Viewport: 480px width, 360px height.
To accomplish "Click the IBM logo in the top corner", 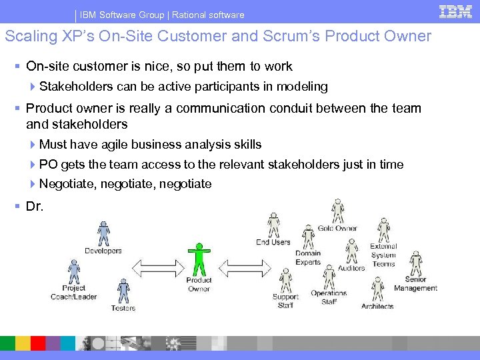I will click(455, 11).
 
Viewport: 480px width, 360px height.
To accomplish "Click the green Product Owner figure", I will click(199, 259).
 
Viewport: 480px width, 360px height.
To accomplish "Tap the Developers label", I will click(103, 251).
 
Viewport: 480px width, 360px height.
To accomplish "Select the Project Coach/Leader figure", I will click(74, 271).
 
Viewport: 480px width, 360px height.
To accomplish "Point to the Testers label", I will click(123, 308).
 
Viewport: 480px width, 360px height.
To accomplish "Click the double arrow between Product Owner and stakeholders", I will click(241, 268).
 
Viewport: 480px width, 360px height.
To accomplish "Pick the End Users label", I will click(273, 242).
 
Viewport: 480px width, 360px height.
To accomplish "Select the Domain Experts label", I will click(308, 257).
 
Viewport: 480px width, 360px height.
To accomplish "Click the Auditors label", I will click(351, 268).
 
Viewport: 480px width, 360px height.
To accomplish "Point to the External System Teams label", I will click(383, 255).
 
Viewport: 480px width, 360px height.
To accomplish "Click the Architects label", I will click(377, 306).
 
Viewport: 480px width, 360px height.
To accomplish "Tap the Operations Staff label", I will click(329, 297).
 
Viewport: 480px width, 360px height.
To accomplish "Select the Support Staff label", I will click(285, 301).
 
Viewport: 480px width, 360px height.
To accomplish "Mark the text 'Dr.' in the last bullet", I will click(35, 207).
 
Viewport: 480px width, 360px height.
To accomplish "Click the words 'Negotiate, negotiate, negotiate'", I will click(125, 184).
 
